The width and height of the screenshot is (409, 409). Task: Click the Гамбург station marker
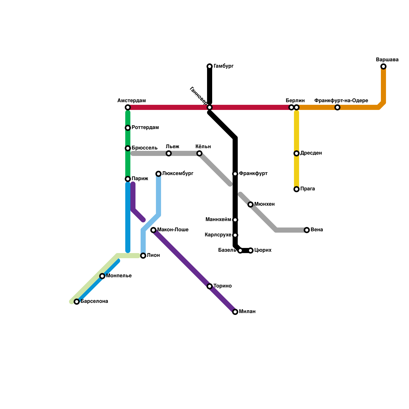[x=210, y=66]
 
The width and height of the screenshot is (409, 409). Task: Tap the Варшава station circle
[x=383, y=66]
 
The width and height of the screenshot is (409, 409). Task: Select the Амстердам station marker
[x=128, y=107]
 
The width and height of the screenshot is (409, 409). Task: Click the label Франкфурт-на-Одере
[x=341, y=101]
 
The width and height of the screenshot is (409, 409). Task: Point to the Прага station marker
[x=297, y=189]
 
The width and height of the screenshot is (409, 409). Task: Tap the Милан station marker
[x=235, y=312]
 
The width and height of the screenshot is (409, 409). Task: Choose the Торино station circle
[x=210, y=286]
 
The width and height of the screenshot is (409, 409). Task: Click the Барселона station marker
[x=77, y=302]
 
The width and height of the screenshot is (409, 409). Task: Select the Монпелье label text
[x=119, y=276]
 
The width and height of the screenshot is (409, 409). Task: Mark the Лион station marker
[x=143, y=256]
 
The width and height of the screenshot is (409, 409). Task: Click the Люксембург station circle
[x=158, y=174]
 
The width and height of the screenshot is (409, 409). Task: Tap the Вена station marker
[x=307, y=230]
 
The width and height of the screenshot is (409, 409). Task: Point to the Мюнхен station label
[x=264, y=204]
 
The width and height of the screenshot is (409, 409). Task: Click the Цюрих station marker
[x=251, y=251]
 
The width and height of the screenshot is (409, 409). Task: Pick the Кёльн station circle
[x=199, y=153]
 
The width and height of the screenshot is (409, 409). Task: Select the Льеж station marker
[x=169, y=153]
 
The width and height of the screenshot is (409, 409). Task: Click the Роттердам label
[x=145, y=128]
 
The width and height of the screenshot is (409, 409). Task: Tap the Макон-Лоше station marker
[x=153, y=230]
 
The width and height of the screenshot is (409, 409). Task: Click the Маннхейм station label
[x=218, y=220]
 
